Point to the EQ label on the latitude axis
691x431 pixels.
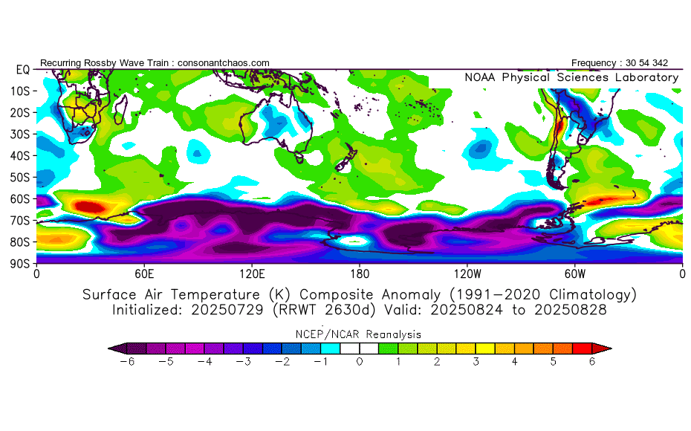pyautogui.click(x=22, y=69)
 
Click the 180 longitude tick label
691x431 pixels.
pyautogui.click(x=360, y=273)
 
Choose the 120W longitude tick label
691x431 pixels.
pyautogui.click(x=467, y=273)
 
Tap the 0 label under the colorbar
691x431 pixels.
pyautogui.click(x=360, y=361)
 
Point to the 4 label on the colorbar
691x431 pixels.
pyautogui.click(x=514, y=361)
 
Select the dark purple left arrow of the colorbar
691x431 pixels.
pyautogui.click(x=114, y=348)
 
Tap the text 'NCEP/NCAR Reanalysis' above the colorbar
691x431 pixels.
pyautogui.click(x=360, y=334)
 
